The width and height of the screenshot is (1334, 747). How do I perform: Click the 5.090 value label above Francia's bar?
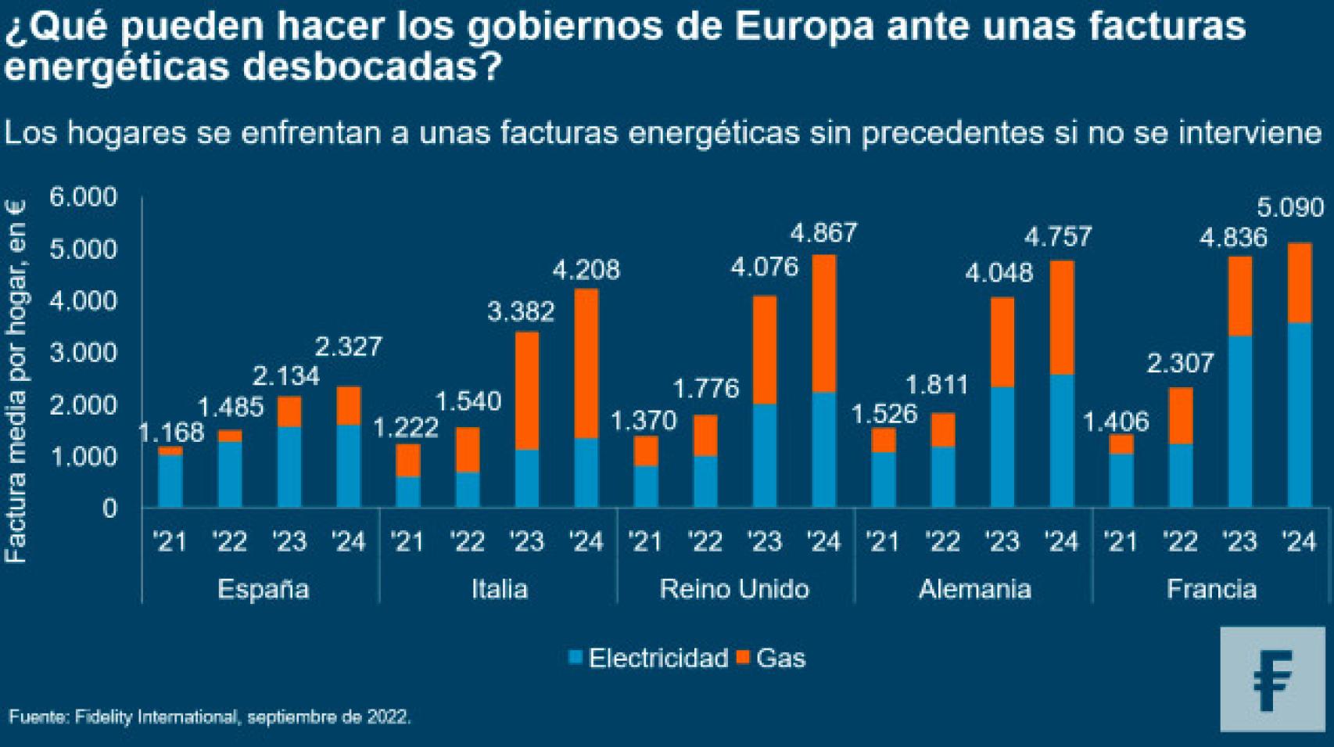click(x=1290, y=208)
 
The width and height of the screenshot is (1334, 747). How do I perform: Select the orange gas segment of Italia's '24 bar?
click(x=586, y=362)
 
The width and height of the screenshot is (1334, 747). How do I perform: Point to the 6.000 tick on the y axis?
click(x=83, y=197)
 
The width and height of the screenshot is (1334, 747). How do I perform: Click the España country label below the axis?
click(x=263, y=589)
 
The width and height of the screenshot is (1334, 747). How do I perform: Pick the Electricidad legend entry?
click(x=649, y=658)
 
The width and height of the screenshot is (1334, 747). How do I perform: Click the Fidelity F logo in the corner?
click(x=1272, y=679)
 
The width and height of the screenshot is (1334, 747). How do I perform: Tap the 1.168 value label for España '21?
click(x=170, y=432)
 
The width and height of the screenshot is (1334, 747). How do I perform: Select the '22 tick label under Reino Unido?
click(x=705, y=541)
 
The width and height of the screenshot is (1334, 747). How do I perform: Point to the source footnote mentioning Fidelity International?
click(x=210, y=716)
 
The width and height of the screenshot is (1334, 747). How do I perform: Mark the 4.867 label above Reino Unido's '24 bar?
click(x=823, y=233)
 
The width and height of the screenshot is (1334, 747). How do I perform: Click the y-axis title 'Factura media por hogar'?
click(x=16, y=381)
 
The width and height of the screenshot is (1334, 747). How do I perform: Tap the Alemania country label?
click(x=974, y=589)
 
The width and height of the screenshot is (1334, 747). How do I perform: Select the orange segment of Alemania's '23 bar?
click(x=1002, y=342)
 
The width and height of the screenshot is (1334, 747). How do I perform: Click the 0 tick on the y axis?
click(x=109, y=508)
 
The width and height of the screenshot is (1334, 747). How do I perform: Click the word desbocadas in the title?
click(x=371, y=68)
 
